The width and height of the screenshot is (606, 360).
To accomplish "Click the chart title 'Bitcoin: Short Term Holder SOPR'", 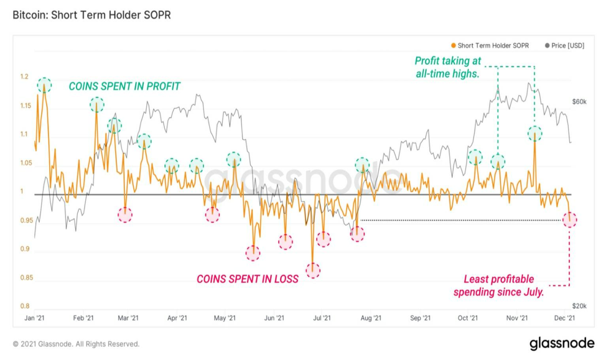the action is click(91, 15).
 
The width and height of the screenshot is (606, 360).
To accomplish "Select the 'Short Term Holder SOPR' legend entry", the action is click(490, 45).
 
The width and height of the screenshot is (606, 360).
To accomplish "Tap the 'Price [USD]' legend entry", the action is click(564, 45).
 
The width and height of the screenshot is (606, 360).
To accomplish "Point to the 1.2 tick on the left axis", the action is click(24, 77).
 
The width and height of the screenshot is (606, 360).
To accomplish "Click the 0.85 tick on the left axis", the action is click(25, 277).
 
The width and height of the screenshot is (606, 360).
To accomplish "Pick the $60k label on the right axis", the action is click(579, 102).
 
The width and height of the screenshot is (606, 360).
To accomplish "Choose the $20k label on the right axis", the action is click(579, 306).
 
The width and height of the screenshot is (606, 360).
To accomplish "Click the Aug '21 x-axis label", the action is click(371, 318).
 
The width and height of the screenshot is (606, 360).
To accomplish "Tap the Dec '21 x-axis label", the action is click(565, 318).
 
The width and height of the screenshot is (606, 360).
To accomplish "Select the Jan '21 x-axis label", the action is click(34, 318).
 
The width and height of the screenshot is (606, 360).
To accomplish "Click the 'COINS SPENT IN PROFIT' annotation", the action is click(124, 86).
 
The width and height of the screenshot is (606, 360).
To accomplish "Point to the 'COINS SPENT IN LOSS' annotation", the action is click(248, 279).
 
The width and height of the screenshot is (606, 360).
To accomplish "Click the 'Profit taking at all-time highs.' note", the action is click(447, 67).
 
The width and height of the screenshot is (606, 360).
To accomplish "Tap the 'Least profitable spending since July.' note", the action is click(498, 285).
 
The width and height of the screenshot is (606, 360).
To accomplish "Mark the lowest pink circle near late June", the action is click(313, 270).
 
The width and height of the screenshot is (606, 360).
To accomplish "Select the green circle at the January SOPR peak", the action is click(44, 85).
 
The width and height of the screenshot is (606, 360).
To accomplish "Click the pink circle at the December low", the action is click(570, 219).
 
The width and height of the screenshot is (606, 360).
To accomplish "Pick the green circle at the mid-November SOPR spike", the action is click(535, 134).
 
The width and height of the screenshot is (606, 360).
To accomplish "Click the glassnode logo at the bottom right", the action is click(562, 343).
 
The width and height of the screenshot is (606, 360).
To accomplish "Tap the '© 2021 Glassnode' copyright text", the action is click(76, 344).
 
